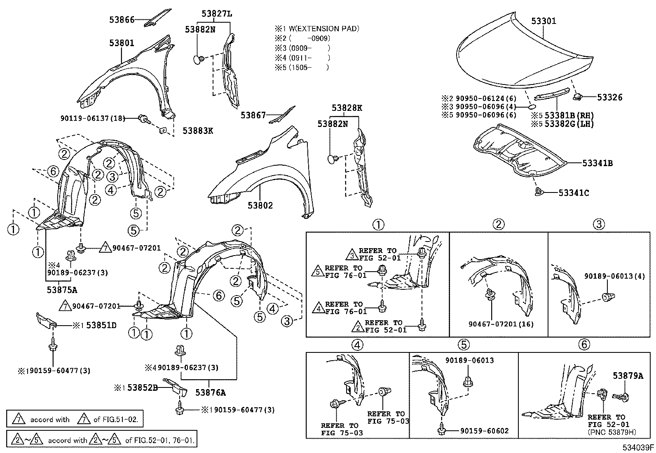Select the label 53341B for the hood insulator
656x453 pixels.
tap(597, 164)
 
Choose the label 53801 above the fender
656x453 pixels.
tap(122, 43)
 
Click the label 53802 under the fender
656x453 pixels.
tap(260, 205)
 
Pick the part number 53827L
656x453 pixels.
tap(217, 14)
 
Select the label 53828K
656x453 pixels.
tap(347, 108)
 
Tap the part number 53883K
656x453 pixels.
tap(198, 131)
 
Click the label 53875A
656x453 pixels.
tap(62, 290)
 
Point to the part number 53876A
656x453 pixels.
tap(211, 393)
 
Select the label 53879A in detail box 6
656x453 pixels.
tap(628, 376)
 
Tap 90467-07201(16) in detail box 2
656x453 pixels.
tap(501, 324)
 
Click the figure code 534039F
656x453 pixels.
tap(638, 447)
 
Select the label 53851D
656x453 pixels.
tap(101, 326)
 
